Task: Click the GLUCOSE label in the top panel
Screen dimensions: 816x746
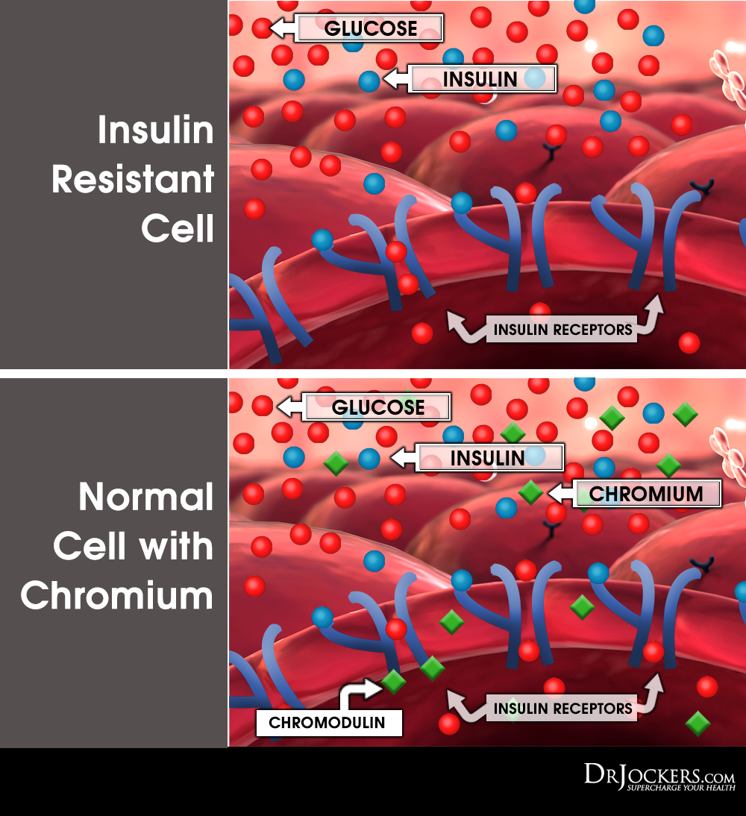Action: point(370,28)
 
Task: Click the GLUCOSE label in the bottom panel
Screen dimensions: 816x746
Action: point(377,407)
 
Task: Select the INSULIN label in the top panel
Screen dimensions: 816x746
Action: point(482,78)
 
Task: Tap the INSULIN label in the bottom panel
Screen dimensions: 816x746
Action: point(489,457)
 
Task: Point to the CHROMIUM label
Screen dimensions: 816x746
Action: point(646,493)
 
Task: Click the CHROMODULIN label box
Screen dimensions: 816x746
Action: point(327,722)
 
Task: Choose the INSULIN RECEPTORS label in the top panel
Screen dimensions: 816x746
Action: point(562,329)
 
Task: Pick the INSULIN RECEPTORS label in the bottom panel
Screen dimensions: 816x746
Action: point(562,708)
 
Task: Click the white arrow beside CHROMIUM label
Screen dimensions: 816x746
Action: point(559,493)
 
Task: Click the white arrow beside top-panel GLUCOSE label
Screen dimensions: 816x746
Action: point(282,28)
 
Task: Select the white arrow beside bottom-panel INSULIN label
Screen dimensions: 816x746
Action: point(403,457)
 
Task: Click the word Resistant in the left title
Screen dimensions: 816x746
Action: point(133,181)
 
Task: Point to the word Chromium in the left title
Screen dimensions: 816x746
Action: point(117,597)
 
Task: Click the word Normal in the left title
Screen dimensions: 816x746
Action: point(146,497)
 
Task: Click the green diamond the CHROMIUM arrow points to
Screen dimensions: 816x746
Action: point(531,492)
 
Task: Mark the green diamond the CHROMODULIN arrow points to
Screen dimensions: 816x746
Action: point(393,680)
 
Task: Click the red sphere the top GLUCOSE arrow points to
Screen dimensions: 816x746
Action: point(262,28)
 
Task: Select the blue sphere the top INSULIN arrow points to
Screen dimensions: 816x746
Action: point(369,81)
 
